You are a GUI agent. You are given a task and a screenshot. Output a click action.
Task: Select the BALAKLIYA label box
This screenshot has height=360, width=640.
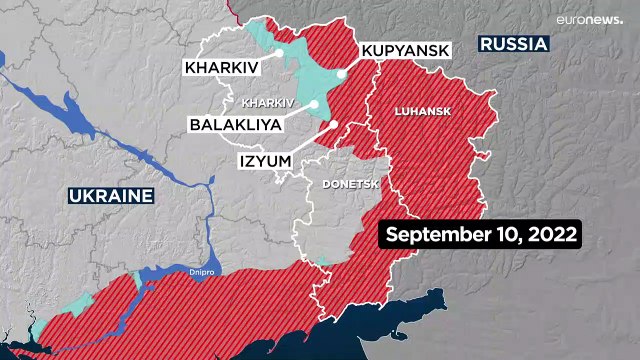point(234,126)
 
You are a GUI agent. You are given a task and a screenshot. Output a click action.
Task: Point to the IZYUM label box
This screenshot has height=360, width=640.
point(265,158)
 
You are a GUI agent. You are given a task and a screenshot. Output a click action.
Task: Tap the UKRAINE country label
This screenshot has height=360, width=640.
point(111,195)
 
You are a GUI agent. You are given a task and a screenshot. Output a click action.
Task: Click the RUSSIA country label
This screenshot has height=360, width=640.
point(513,44)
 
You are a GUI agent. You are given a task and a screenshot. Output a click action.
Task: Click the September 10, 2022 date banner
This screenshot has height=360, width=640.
point(479,235)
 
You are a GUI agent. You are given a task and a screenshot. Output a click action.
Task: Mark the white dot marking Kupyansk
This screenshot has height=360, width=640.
point(342,73)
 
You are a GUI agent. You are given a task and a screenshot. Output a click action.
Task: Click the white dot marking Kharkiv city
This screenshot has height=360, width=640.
point(282,52)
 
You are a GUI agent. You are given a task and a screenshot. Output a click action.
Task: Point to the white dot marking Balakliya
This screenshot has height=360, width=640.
point(314,103)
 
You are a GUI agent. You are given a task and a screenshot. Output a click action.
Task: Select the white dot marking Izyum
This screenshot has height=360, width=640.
point(335,125)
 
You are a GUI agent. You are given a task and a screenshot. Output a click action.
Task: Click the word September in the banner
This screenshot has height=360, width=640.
point(432,235)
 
